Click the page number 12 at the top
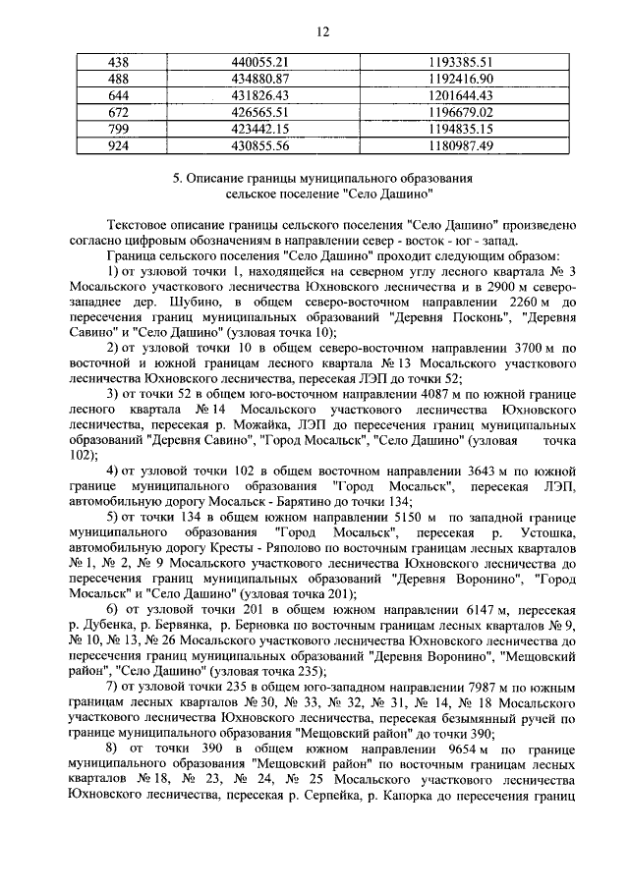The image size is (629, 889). pos(321,31)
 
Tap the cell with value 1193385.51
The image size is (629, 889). pos(460,61)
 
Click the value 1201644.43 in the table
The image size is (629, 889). pos(460,94)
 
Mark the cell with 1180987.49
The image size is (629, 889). pos(460,144)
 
